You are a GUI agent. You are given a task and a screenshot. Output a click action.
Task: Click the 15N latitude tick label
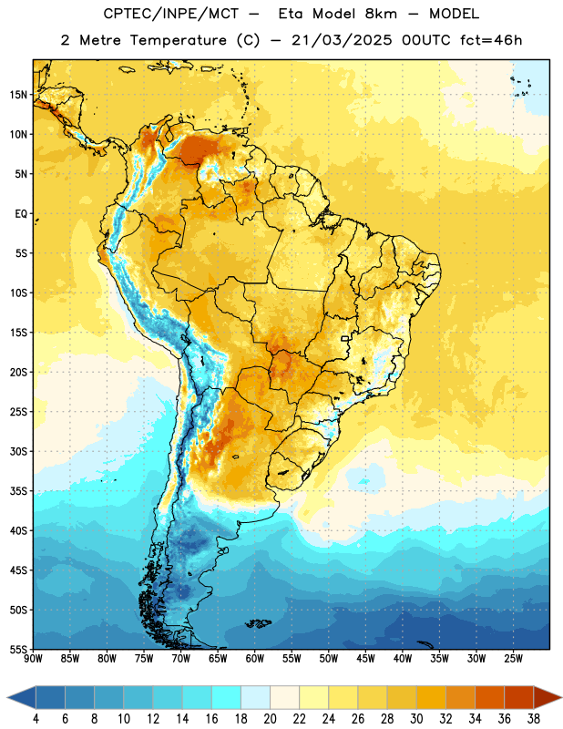pyautogui.click(x=18, y=95)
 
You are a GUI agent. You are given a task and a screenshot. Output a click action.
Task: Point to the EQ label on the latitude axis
pyautogui.click(x=21, y=214)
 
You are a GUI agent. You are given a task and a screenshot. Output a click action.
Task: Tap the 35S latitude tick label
pyautogui.click(x=18, y=491)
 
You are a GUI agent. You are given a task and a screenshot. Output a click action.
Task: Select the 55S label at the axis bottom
pyautogui.click(x=18, y=649)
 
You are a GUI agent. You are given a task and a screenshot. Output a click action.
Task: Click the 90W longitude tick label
pyautogui.click(x=33, y=659)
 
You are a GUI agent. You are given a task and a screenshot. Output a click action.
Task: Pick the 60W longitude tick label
pyautogui.click(x=255, y=659)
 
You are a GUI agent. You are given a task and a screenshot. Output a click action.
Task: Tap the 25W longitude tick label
pyautogui.click(x=513, y=659)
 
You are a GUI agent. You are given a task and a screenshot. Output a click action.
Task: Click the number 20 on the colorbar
pyautogui.click(x=270, y=719)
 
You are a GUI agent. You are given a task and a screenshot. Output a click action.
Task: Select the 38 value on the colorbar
pyautogui.click(x=534, y=719)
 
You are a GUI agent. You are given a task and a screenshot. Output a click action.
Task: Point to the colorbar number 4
pyautogui.click(x=36, y=719)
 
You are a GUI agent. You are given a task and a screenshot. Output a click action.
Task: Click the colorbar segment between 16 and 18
pyautogui.click(x=226, y=697)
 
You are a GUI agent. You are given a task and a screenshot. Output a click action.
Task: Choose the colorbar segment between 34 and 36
pyautogui.click(x=489, y=697)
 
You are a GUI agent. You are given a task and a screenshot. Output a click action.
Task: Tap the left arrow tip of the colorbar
pyautogui.click(x=7, y=697)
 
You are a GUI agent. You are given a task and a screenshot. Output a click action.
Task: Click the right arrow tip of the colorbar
pyautogui.click(x=561, y=697)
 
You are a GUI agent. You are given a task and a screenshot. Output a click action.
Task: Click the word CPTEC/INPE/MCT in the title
pyautogui.click(x=171, y=14)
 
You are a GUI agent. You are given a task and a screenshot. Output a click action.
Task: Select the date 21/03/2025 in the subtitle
pyautogui.click(x=342, y=40)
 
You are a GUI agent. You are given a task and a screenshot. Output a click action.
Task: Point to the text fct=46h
pyautogui.click(x=491, y=40)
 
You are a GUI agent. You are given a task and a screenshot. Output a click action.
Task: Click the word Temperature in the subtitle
pyautogui.click(x=178, y=40)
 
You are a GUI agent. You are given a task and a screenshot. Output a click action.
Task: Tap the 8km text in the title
pyautogui.click(x=380, y=14)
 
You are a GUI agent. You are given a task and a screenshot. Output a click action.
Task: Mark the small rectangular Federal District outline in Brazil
pyautogui.click(x=345, y=338)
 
